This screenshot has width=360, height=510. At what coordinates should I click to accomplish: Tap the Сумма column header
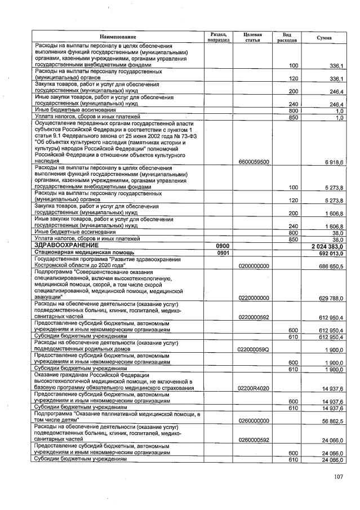324,37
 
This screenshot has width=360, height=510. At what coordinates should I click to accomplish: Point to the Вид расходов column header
287,37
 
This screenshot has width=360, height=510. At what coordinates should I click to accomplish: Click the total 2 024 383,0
328,246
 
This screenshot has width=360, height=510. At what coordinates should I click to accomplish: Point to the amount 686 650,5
331,265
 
